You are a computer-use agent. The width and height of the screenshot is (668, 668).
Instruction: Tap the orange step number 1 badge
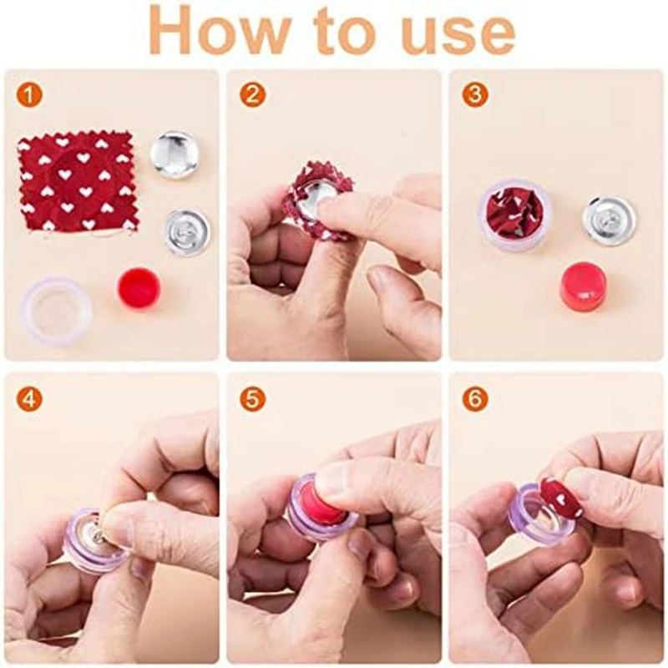click(29, 95)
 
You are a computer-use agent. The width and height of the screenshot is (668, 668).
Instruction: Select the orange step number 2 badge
click(251, 95)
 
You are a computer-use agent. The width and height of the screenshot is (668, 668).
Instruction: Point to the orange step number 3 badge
click(474, 95)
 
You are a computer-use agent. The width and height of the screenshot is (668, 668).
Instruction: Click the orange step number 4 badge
click(29, 399)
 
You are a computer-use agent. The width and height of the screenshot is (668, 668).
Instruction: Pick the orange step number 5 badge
click(251, 399)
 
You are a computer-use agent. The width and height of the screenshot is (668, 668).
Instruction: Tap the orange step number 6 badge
click(474, 399)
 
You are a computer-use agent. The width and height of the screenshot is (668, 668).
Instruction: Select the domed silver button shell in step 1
click(174, 154)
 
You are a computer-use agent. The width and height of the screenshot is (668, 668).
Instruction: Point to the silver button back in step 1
click(186, 232)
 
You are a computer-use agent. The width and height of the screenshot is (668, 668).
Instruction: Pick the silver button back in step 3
click(609, 220)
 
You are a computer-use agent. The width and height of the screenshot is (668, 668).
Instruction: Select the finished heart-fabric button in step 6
click(560, 498)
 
